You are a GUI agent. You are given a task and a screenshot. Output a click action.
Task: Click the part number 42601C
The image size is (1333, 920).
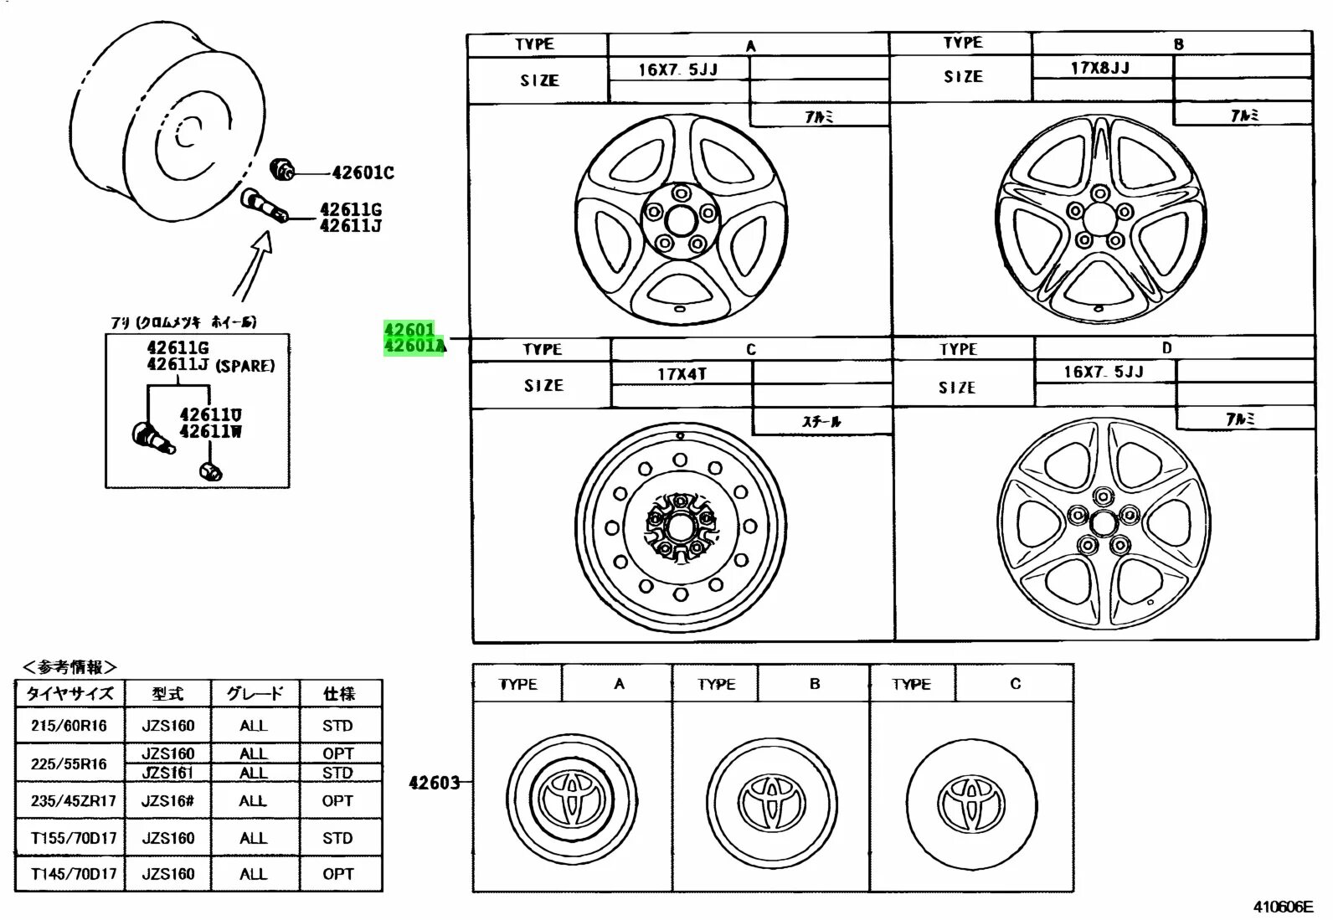click(363, 172)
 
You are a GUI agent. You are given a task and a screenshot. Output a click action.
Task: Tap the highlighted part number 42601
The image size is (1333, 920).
click(409, 329)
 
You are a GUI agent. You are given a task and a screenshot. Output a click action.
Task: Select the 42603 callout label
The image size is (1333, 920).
click(434, 783)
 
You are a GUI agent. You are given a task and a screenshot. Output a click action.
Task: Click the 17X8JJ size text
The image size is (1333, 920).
click(1100, 68)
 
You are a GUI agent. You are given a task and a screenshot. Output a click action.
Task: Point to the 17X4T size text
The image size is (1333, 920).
click(682, 373)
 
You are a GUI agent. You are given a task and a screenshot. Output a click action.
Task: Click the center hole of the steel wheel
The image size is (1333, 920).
click(680, 526)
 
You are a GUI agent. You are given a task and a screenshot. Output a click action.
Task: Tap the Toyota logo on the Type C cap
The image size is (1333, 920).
click(972, 801)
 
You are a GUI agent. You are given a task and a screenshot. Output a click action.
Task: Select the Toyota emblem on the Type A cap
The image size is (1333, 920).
click(572, 796)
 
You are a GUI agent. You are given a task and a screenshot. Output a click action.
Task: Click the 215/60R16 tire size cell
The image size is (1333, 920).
click(69, 726)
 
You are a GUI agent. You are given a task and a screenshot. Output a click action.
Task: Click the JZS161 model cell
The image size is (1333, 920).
click(167, 773)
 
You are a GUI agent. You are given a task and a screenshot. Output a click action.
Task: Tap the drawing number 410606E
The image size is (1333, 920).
click(1283, 907)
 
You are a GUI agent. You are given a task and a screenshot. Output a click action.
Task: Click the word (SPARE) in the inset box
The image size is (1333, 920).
click(244, 366)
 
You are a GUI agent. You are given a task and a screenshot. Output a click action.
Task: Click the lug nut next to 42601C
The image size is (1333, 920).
click(282, 169)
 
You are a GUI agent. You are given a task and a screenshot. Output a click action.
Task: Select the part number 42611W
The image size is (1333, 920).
click(210, 431)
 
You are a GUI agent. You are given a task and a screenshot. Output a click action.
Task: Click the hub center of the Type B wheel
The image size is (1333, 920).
click(1100, 219)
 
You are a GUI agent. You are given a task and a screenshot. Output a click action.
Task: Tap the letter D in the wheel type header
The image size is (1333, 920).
click(1167, 348)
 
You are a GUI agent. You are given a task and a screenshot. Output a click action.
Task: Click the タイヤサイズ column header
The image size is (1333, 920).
click(69, 693)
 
